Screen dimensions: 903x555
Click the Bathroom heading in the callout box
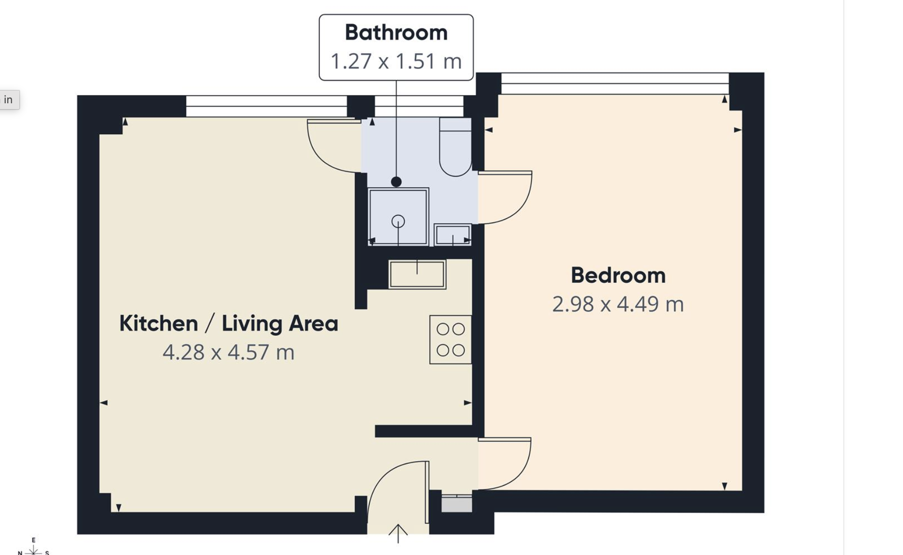(x=396, y=33)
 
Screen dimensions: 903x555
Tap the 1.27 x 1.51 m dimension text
(x=396, y=61)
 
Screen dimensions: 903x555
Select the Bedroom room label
(x=618, y=276)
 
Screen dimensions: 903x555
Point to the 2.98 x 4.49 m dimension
(x=618, y=304)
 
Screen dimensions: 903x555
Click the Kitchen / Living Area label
(x=229, y=323)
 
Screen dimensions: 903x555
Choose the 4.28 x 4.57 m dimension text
(x=229, y=352)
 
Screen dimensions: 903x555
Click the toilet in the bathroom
(x=455, y=147)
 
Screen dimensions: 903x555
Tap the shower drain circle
(x=398, y=221)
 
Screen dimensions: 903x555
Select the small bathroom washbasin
(x=452, y=235)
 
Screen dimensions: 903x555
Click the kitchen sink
(x=417, y=274)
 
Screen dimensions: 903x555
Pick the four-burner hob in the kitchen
(x=451, y=339)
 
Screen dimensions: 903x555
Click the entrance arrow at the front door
(x=398, y=534)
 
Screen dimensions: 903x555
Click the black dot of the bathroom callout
(x=397, y=182)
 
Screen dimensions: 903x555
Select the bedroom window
(x=615, y=83)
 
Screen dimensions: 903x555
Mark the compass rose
(x=33, y=548)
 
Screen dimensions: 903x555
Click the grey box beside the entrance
(x=457, y=504)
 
